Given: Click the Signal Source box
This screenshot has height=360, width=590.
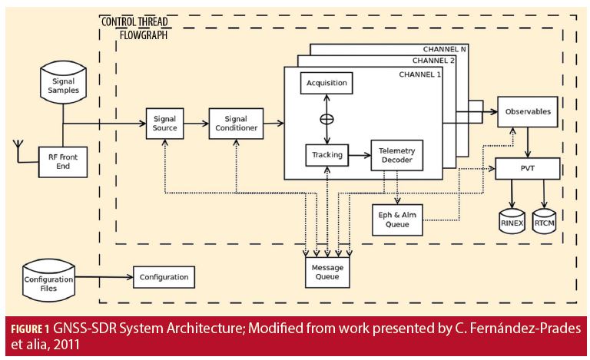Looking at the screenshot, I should click(x=165, y=124).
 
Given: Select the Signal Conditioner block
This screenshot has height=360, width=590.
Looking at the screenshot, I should click(x=236, y=124).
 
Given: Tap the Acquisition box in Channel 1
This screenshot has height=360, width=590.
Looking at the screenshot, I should click(x=326, y=83).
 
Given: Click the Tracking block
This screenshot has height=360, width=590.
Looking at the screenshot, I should click(x=326, y=155).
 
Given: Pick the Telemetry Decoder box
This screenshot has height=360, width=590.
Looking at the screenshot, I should click(x=396, y=155).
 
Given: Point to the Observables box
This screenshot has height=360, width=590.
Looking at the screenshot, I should click(x=528, y=111).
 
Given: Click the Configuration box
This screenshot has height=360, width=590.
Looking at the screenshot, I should click(x=164, y=276).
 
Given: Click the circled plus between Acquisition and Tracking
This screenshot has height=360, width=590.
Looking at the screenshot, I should click(x=326, y=119).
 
